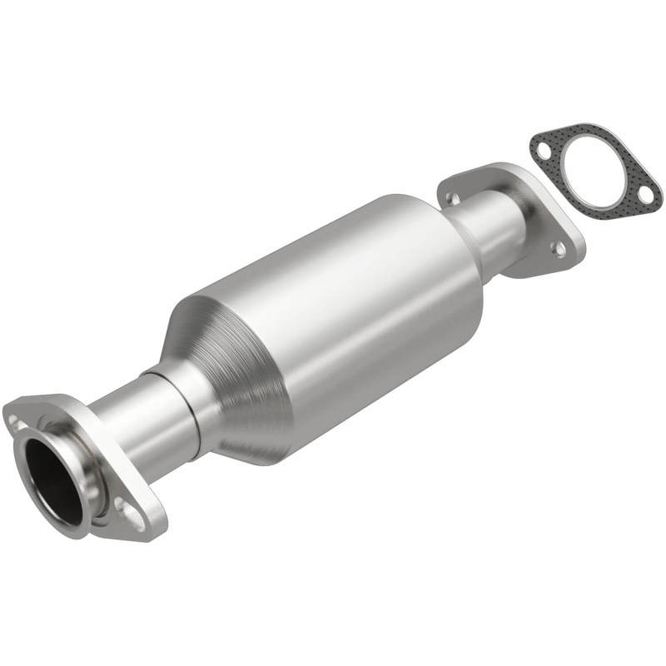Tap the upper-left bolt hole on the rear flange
(x=452, y=197)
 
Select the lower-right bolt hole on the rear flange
(x=559, y=248)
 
